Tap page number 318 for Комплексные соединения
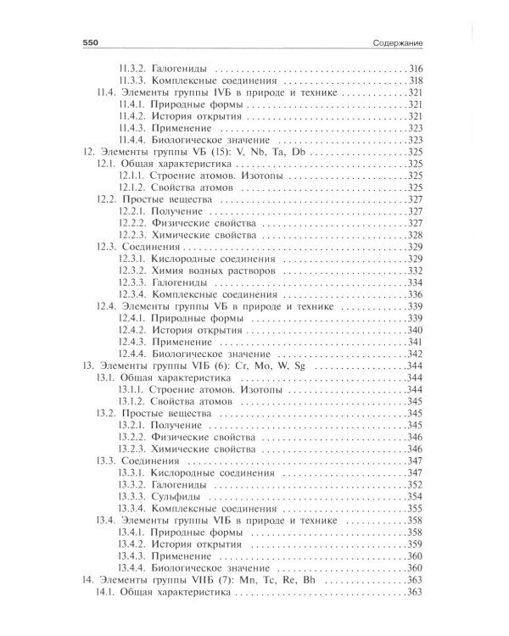pyautogui.click(x=416, y=80)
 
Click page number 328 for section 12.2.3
pyautogui.click(x=416, y=234)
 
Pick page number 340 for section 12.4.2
pyautogui.click(x=416, y=329)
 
